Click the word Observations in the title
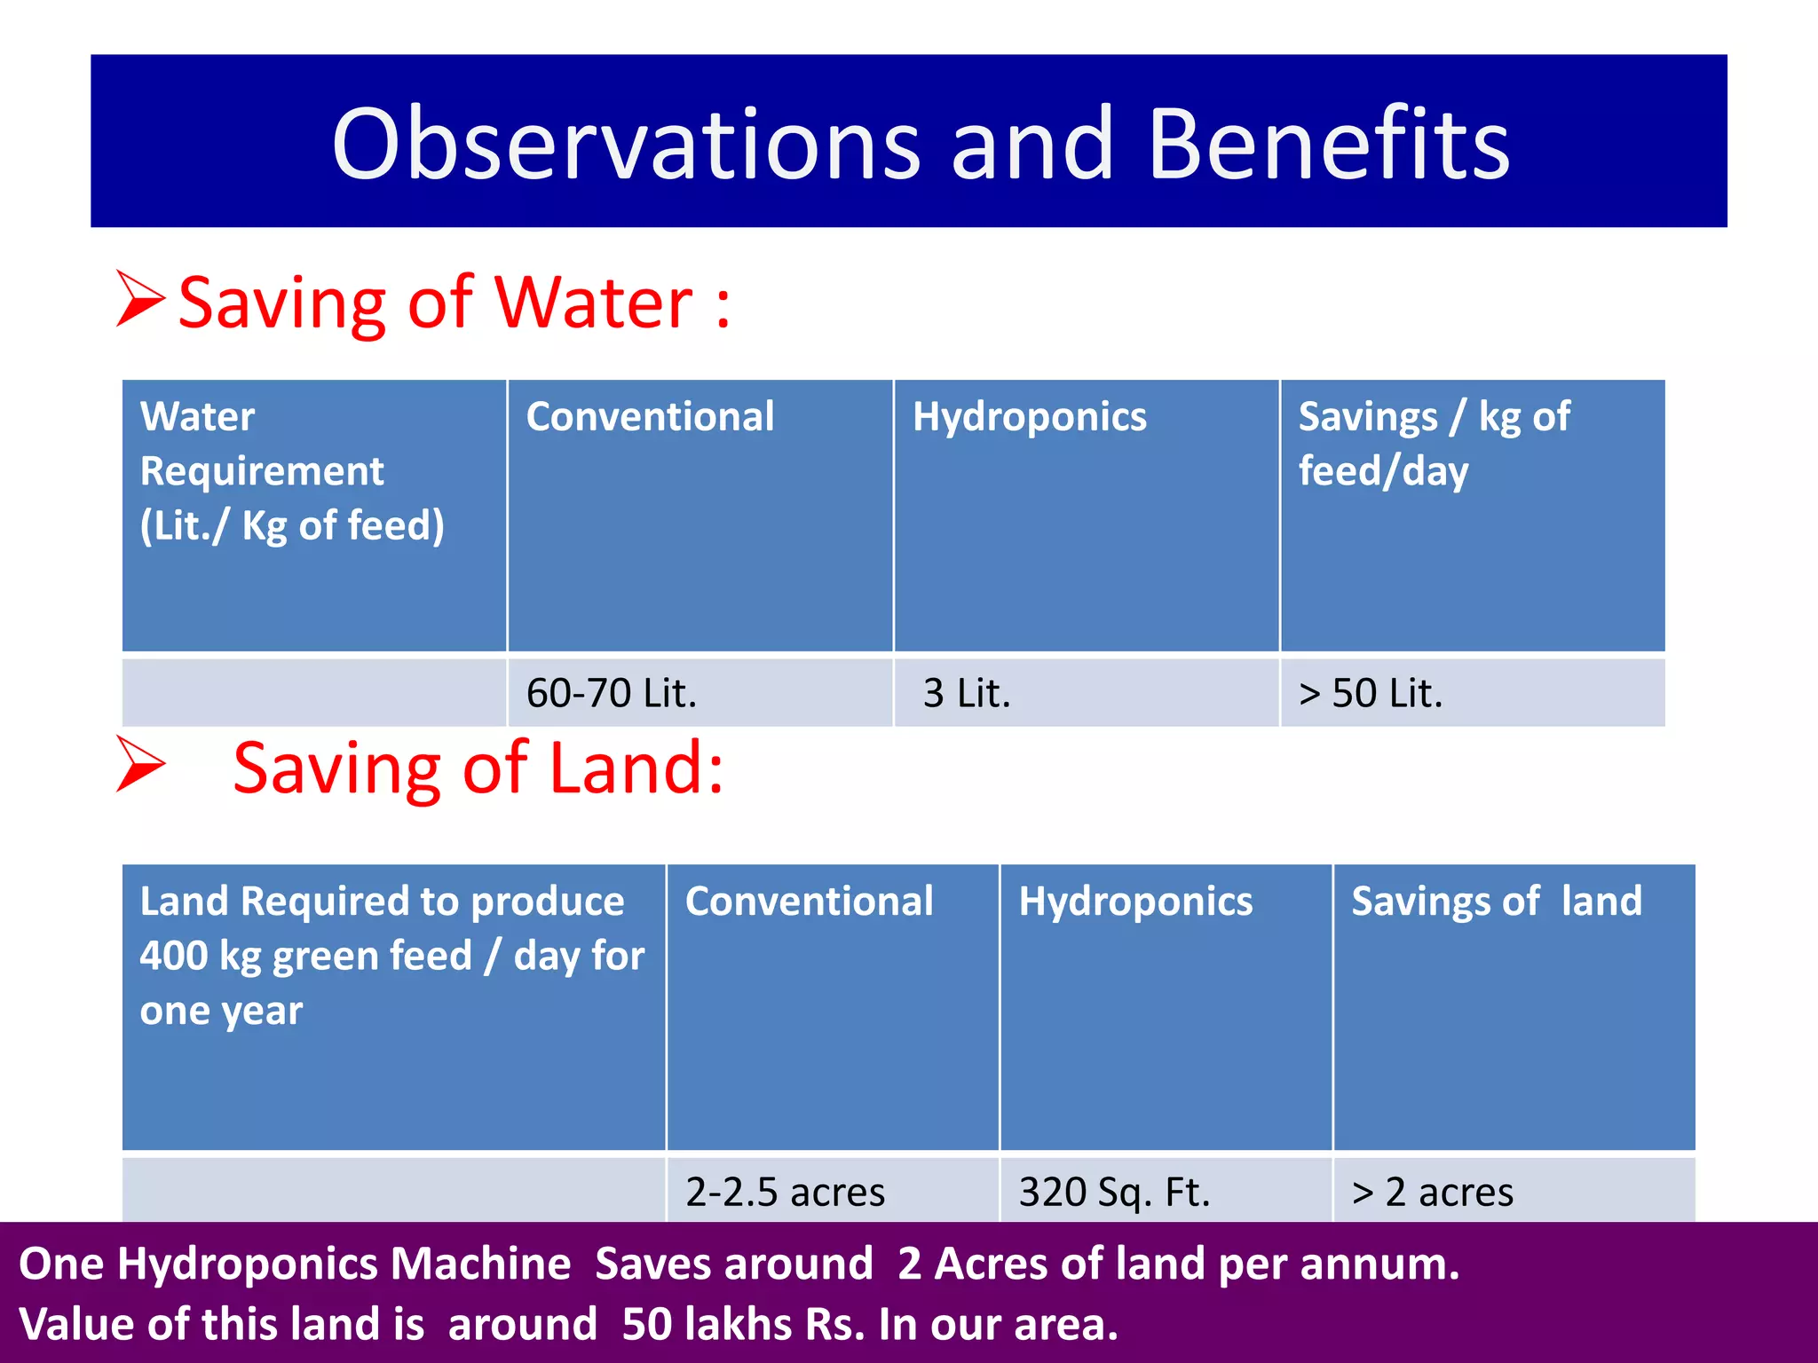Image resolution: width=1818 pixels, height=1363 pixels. coord(626,145)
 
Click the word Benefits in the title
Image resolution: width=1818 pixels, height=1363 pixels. coord(1329,145)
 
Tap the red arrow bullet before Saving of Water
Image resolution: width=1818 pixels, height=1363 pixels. coord(141,299)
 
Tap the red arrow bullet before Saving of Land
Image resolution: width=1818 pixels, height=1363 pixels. coord(141,764)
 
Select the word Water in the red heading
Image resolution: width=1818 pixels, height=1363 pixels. coord(593,303)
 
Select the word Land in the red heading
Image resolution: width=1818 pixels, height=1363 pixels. coord(636,768)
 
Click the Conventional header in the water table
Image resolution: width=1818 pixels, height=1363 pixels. coord(650,417)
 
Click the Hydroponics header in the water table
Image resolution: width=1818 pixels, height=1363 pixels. coord(1030,417)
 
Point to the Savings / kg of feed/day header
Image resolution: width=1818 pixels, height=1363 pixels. coord(1434,444)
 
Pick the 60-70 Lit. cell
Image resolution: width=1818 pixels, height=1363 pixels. coord(612,693)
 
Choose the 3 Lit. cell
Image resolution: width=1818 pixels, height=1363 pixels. coord(967,693)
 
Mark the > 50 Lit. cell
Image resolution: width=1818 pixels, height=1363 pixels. coord(1371,693)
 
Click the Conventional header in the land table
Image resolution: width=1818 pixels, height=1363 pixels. coord(809,902)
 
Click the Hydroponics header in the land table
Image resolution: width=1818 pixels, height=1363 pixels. coord(1135,902)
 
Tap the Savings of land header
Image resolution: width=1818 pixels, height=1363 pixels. coord(1497,902)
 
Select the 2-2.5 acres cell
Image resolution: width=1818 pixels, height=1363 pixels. coord(785,1192)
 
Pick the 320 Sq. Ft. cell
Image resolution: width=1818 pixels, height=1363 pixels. coord(1114,1192)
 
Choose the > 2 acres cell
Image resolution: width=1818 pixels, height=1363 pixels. coord(1432,1192)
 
